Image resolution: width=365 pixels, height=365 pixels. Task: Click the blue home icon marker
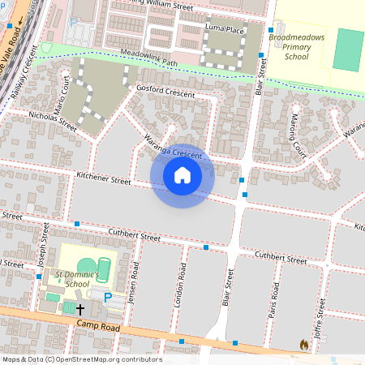pos(182,174)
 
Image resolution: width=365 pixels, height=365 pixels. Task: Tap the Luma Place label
pos(225,29)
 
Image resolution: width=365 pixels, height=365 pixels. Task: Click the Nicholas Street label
pos(52,122)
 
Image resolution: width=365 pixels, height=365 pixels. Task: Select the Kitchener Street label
pos(103,178)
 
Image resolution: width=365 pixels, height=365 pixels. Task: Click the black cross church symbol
pos(79,309)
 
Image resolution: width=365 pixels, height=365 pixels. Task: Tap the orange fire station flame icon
pos(304,345)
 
